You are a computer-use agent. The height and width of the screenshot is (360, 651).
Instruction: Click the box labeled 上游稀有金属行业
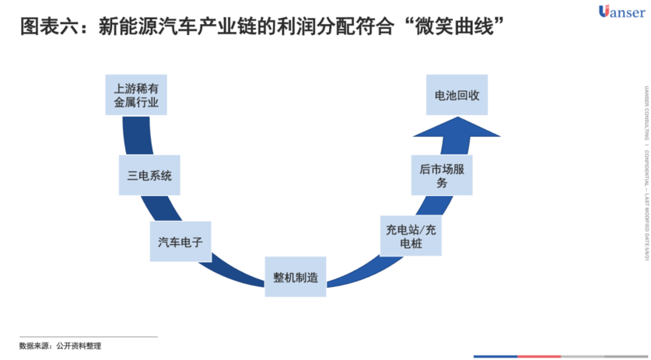(136, 94)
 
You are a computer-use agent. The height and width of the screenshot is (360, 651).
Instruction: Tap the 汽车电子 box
(180, 241)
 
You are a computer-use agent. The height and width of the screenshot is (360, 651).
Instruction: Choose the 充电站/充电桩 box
(411, 236)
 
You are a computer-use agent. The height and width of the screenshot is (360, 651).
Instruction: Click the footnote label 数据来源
(34, 345)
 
